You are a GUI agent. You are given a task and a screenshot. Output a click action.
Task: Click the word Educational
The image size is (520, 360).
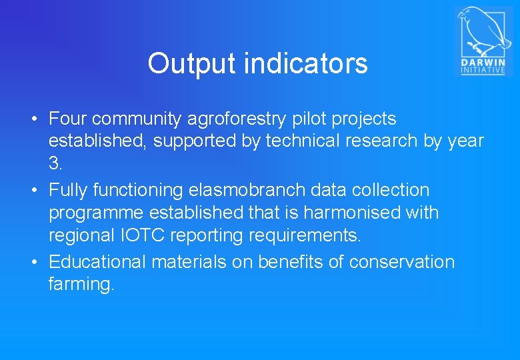pyautogui.click(x=97, y=262)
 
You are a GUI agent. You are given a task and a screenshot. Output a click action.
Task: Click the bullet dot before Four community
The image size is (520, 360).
pyautogui.click(x=35, y=120)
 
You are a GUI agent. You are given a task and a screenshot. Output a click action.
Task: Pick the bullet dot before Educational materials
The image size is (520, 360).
pyautogui.click(x=35, y=263)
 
